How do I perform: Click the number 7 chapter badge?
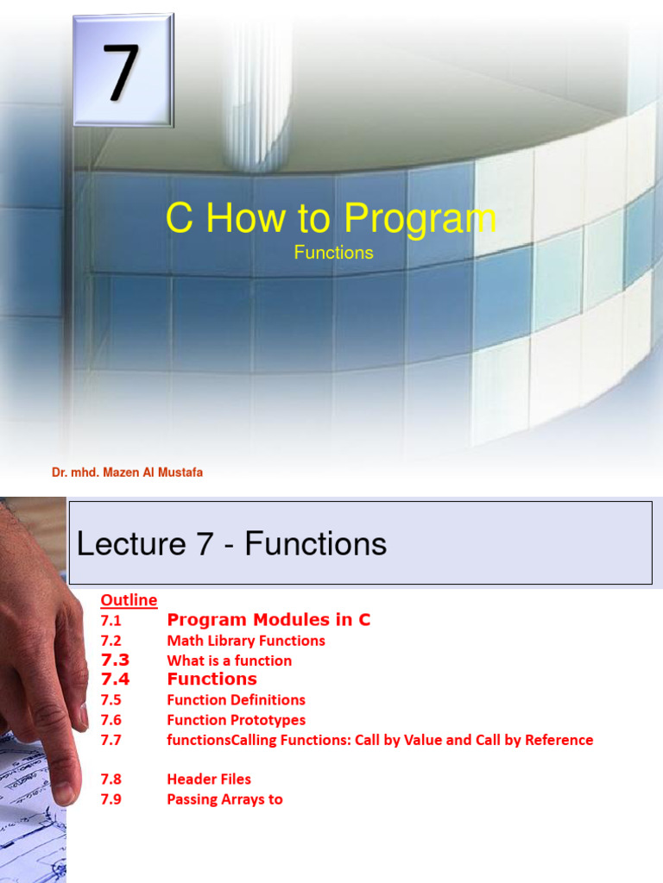(x=123, y=71)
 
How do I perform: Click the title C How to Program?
(x=331, y=219)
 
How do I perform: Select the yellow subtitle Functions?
(x=333, y=253)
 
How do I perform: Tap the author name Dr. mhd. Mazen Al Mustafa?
(x=127, y=473)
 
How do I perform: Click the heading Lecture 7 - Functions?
(x=231, y=543)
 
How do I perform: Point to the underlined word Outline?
(x=129, y=599)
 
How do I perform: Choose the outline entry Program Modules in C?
(x=268, y=620)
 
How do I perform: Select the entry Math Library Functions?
(x=246, y=641)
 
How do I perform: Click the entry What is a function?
(x=229, y=661)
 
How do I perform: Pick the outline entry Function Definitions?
(x=236, y=699)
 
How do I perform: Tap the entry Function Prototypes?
(x=236, y=720)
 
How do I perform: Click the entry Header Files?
(x=209, y=779)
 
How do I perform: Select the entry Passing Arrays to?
(x=224, y=798)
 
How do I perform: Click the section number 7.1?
(x=110, y=620)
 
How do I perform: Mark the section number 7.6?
(x=110, y=720)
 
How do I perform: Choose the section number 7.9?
(x=110, y=798)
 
